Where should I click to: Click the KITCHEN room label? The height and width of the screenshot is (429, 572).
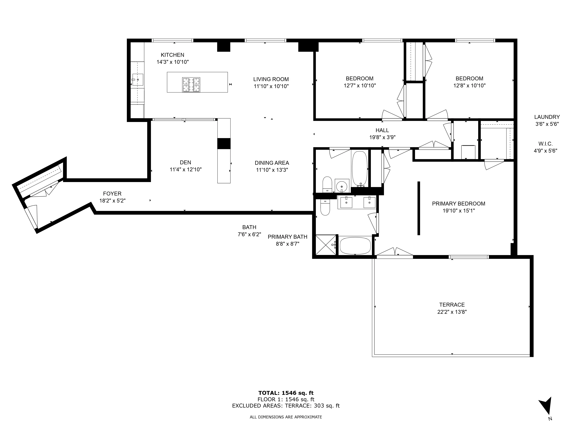172,55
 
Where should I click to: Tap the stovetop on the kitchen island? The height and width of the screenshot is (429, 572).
191,85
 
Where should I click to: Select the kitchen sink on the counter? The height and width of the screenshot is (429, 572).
138,80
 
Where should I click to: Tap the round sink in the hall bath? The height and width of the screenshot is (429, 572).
342,186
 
